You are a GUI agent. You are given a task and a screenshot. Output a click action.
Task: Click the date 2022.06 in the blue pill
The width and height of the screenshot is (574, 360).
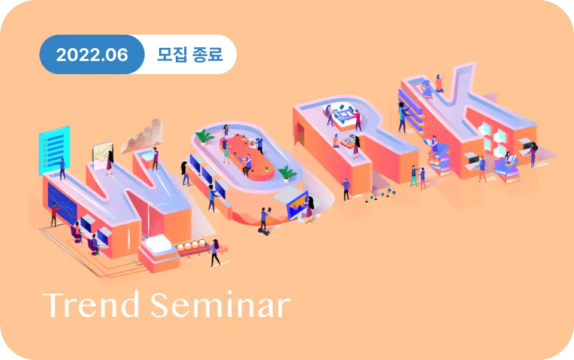pos(92,55)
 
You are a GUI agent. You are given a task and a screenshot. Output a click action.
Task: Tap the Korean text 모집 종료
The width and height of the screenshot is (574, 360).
pos(190,54)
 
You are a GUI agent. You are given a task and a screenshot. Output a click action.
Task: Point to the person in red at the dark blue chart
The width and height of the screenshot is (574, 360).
pos(54,215)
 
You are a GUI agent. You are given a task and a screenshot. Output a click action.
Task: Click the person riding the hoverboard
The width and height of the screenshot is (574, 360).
pos(264,221)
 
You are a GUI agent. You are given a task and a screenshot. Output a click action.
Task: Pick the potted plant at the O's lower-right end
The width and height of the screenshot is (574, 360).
pos(288,173)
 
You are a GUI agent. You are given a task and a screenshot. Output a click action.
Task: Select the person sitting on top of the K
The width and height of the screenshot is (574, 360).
pos(439,84)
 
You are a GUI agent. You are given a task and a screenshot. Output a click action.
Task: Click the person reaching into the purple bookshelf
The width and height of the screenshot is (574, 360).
pos(402,117)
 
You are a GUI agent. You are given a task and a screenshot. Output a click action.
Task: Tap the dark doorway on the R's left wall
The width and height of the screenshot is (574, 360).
pos(301,134)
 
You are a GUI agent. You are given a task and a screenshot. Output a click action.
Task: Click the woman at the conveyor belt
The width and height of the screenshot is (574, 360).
pos(215,253)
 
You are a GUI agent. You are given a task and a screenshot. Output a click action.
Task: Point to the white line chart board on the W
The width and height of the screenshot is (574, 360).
pos(102,155)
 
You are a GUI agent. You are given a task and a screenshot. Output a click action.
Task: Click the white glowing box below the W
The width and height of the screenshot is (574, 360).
pos(158,244)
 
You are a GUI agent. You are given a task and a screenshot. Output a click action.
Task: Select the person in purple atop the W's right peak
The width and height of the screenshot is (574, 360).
pos(155,158)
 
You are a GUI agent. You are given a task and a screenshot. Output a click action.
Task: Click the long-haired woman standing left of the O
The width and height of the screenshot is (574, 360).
pos(185,173)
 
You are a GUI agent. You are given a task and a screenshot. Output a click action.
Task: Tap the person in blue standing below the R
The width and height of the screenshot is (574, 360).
pos(346,189)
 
